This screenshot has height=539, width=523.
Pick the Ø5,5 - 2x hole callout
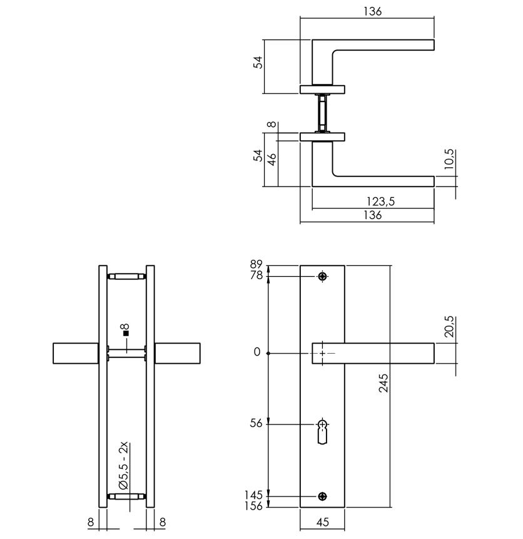pos(123,466)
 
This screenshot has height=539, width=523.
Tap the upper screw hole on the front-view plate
pos(323,276)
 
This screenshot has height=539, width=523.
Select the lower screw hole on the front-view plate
pos(323,496)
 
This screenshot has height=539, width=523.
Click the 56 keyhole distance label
pos(256,423)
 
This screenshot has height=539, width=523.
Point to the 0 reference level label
pos(256,352)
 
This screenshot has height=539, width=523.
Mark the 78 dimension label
pos(256,275)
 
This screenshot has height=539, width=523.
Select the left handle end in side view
pos(74,352)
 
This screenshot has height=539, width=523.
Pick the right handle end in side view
pos(178,352)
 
